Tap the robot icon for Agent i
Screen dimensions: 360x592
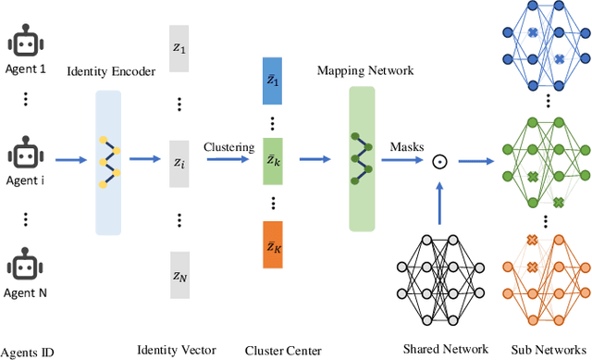point(24,155)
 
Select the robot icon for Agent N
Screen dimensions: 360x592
point(24,262)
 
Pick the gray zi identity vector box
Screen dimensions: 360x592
point(179,161)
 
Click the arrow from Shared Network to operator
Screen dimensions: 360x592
point(441,196)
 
